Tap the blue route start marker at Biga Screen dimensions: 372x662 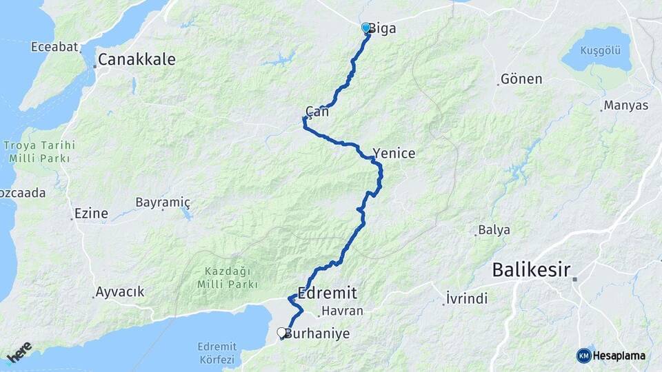[366, 28]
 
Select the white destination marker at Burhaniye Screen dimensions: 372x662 [281, 333]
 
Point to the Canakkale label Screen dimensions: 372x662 [137, 60]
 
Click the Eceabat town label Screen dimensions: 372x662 [53, 48]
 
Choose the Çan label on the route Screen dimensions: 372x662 [317, 111]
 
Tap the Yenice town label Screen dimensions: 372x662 [394, 154]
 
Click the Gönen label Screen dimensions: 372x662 [521, 79]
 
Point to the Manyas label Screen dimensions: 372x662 [625, 106]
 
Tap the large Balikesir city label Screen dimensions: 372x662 [531, 270]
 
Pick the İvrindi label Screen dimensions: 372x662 [467, 299]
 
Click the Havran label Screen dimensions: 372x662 [342, 311]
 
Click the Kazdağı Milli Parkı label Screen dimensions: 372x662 [227, 278]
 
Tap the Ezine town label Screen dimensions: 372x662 [91, 214]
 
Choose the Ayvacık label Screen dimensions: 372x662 [121, 292]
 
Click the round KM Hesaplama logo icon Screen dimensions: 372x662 [583, 355]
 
